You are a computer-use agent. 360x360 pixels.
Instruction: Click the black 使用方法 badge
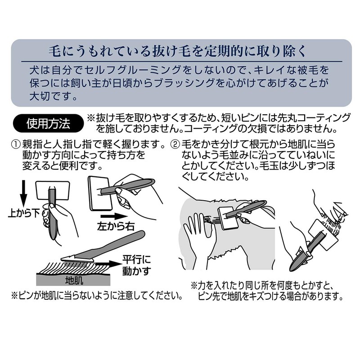pyautogui.click(x=49, y=123)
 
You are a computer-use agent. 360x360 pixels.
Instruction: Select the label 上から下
pyautogui.click(x=24, y=213)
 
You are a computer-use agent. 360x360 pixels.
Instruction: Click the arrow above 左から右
pyautogui.click(x=114, y=216)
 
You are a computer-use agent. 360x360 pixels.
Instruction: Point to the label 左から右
pyautogui.click(x=116, y=227)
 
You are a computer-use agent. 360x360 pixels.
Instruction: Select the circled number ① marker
pyautogui.click(x=16, y=144)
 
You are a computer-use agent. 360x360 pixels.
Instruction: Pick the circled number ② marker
pyautogui.click(x=175, y=144)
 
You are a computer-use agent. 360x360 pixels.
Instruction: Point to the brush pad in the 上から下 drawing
pyautogui.click(x=53, y=190)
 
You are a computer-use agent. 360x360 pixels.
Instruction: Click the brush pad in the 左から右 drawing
pyautogui.click(x=100, y=193)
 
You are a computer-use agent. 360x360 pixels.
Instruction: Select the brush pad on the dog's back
pyautogui.click(x=229, y=217)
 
